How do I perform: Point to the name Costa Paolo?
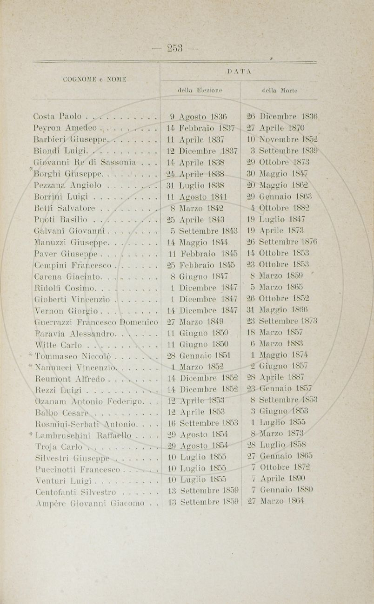click(58, 116)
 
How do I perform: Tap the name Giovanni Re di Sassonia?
click(85, 162)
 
